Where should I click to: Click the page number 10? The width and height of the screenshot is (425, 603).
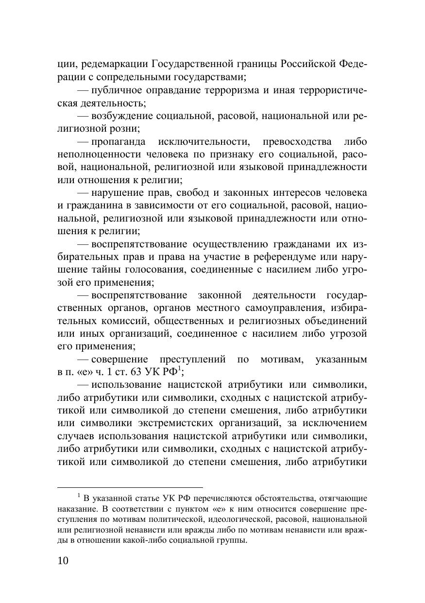point(63,561)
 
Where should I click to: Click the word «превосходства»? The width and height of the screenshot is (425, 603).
point(298,141)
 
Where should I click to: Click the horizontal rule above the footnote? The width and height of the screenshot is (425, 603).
point(130,487)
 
